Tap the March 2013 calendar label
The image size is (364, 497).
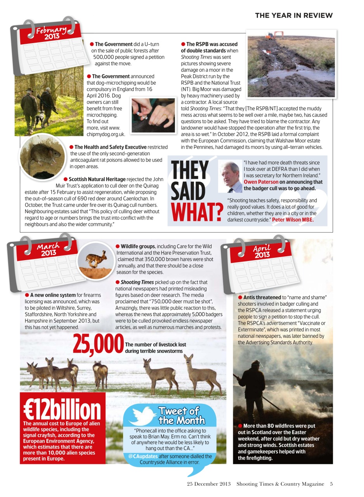(x=49, y=249)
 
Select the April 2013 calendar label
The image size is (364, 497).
(x=262, y=252)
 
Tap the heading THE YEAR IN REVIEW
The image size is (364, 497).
(x=294, y=16)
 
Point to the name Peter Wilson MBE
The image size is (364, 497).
(x=293, y=220)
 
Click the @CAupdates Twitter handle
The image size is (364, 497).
(x=143, y=456)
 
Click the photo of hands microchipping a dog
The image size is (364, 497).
(x=153, y=115)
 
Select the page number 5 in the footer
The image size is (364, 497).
(x=331, y=484)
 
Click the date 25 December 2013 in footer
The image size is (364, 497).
(x=208, y=484)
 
